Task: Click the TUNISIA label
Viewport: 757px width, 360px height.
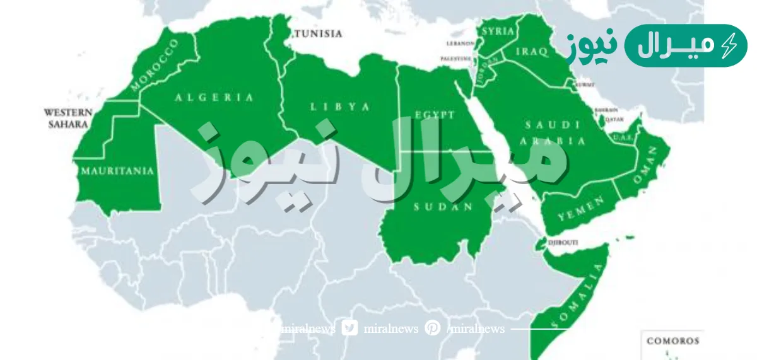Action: click(318, 33)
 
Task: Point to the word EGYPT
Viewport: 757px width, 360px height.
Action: click(435, 115)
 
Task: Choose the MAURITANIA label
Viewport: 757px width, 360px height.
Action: click(117, 170)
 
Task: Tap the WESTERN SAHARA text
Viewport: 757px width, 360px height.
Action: click(66, 119)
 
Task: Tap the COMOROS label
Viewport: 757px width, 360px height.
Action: click(672, 341)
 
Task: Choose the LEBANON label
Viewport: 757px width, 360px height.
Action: click(461, 44)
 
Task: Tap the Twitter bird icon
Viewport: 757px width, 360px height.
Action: click(350, 328)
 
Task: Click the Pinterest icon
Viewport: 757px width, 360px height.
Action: click(433, 328)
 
